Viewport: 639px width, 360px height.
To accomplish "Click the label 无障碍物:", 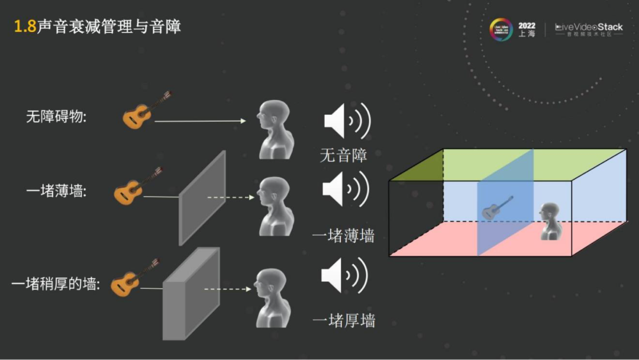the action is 56,117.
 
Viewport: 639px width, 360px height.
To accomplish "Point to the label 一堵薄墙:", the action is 56,191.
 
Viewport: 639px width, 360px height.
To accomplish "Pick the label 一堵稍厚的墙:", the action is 56,284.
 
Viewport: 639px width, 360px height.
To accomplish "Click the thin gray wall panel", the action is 202,198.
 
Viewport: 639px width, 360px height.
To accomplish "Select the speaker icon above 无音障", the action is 347,121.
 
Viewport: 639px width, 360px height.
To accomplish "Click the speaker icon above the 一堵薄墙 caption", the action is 346,189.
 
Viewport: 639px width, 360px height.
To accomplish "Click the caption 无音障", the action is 343,155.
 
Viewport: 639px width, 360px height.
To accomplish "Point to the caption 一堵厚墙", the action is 343,321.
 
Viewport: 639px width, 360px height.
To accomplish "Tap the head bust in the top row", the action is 275,129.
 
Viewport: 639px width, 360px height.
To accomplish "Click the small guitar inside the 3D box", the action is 497,207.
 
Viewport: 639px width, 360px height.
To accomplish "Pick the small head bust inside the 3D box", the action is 550,220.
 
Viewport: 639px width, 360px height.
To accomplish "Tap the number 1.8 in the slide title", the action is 25,27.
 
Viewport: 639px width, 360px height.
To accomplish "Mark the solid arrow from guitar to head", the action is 199,121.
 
